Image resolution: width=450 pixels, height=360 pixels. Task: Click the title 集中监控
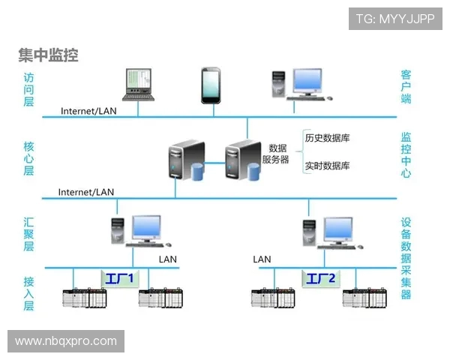point(49,55)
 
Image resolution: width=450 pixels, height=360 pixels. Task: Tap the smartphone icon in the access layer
point(210,84)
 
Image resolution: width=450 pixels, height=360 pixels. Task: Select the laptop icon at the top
point(138,84)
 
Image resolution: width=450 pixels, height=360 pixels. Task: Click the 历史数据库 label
point(327,138)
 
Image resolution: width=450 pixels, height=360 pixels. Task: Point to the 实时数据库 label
point(327,166)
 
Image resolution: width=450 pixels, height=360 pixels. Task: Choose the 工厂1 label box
point(118,279)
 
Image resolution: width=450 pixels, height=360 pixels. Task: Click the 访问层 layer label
point(28,88)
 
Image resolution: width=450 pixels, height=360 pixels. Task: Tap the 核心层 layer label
point(28,157)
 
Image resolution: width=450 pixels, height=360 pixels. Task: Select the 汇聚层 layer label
point(28,234)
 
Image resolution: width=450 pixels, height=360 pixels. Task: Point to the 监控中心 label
point(406,155)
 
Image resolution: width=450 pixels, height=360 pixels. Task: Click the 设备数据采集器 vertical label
point(406,258)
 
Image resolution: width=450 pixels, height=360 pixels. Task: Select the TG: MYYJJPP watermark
point(394,19)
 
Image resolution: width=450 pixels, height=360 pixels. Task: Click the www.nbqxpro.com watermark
point(66,341)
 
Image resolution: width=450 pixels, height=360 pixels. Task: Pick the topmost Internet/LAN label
point(88,111)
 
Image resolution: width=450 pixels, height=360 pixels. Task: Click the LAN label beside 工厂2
point(262,259)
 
